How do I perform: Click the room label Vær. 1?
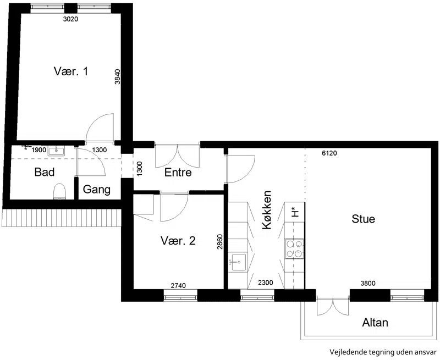[x=71, y=71]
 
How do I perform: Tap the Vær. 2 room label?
[x=178, y=241]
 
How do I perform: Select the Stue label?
[x=363, y=219]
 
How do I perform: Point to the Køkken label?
[x=267, y=210]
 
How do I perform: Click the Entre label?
[x=178, y=172]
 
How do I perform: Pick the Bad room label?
[x=45, y=172]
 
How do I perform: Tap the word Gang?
[x=97, y=190]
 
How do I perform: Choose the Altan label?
[x=375, y=323]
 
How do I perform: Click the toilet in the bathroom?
[x=59, y=191]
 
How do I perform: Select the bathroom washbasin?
[x=57, y=151]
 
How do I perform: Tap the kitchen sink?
[x=237, y=262]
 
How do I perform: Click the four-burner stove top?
[x=294, y=248]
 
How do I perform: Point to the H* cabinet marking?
[x=294, y=212]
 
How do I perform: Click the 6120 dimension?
[x=329, y=153]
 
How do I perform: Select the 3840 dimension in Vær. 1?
[x=118, y=76]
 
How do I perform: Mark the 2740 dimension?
[x=178, y=285]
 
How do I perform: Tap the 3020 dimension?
[x=70, y=19]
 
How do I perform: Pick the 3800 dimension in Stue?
[x=368, y=283]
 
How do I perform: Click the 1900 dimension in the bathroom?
[x=38, y=150]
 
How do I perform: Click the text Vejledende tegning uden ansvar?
[x=383, y=352]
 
